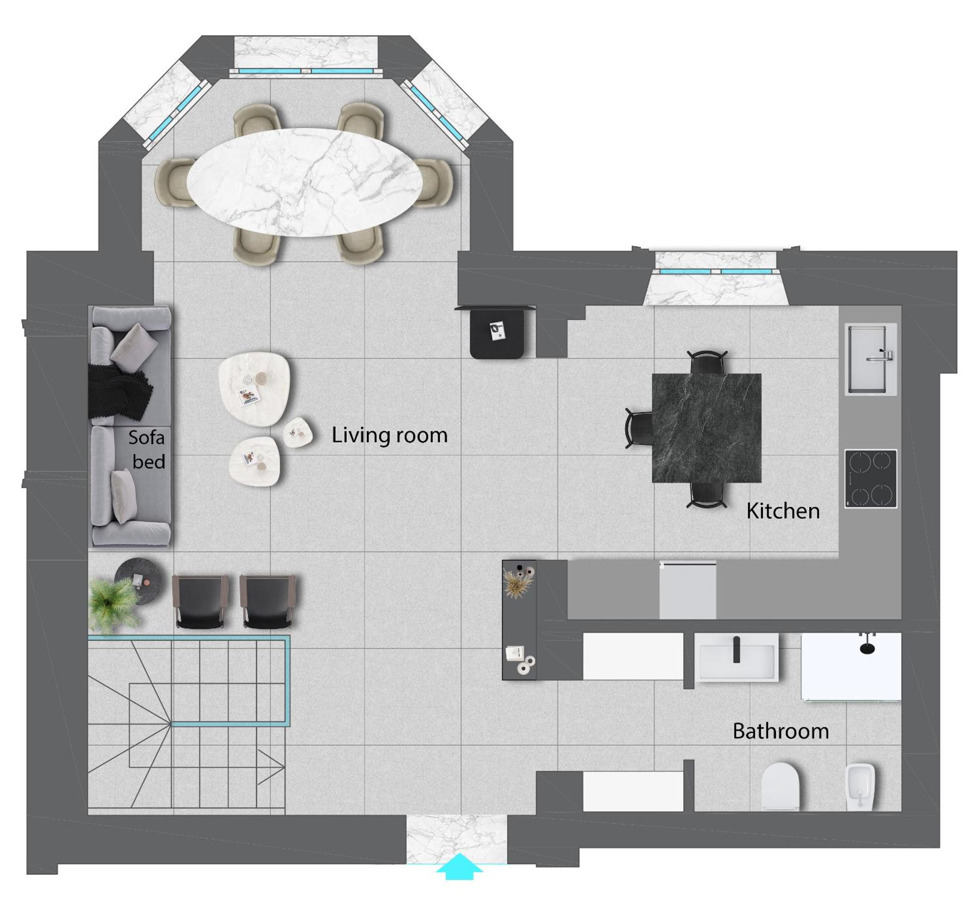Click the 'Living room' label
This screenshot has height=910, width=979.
pyautogui.click(x=390, y=435)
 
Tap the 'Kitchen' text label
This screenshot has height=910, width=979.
pyautogui.click(x=783, y=511)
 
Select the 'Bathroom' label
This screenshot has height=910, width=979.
pyautogui.click(x=781, y=731)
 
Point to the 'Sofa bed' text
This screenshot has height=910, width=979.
pyautogui.click(x=147, y=450)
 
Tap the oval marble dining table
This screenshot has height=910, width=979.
pyautogui.click(x=305, y=182)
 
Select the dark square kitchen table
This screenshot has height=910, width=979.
pyautogui.click(x=707, y=428)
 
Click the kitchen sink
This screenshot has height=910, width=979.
pyautogui.click(x=870, y=359)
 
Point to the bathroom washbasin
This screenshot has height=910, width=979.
pyautogui.click(x=736, y=657)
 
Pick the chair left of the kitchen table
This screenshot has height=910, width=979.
pyautogui.click(x=638, y=428)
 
